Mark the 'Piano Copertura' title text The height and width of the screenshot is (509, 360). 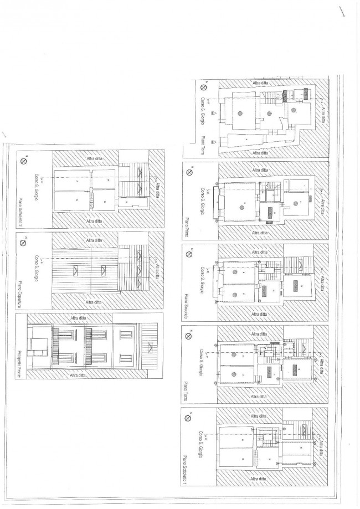tap(20, 287)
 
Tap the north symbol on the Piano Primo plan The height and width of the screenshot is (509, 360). tap(189, 173)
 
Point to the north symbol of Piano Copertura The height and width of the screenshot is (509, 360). tap(23, 242)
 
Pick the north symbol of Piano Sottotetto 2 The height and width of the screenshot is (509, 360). tap(23, 162)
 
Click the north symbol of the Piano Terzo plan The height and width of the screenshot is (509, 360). tap(190, 336)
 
